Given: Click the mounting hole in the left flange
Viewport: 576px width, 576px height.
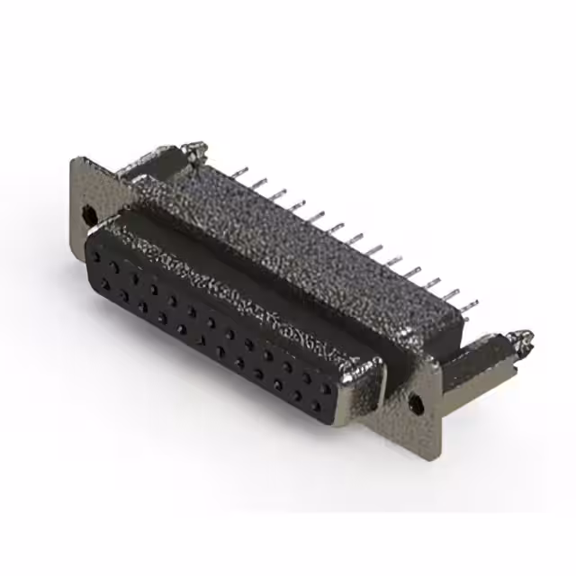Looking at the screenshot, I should pyautogui.click(x=88, y=215).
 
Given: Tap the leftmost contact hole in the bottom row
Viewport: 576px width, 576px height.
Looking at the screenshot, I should pyautogui.click(x=107, y=285).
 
